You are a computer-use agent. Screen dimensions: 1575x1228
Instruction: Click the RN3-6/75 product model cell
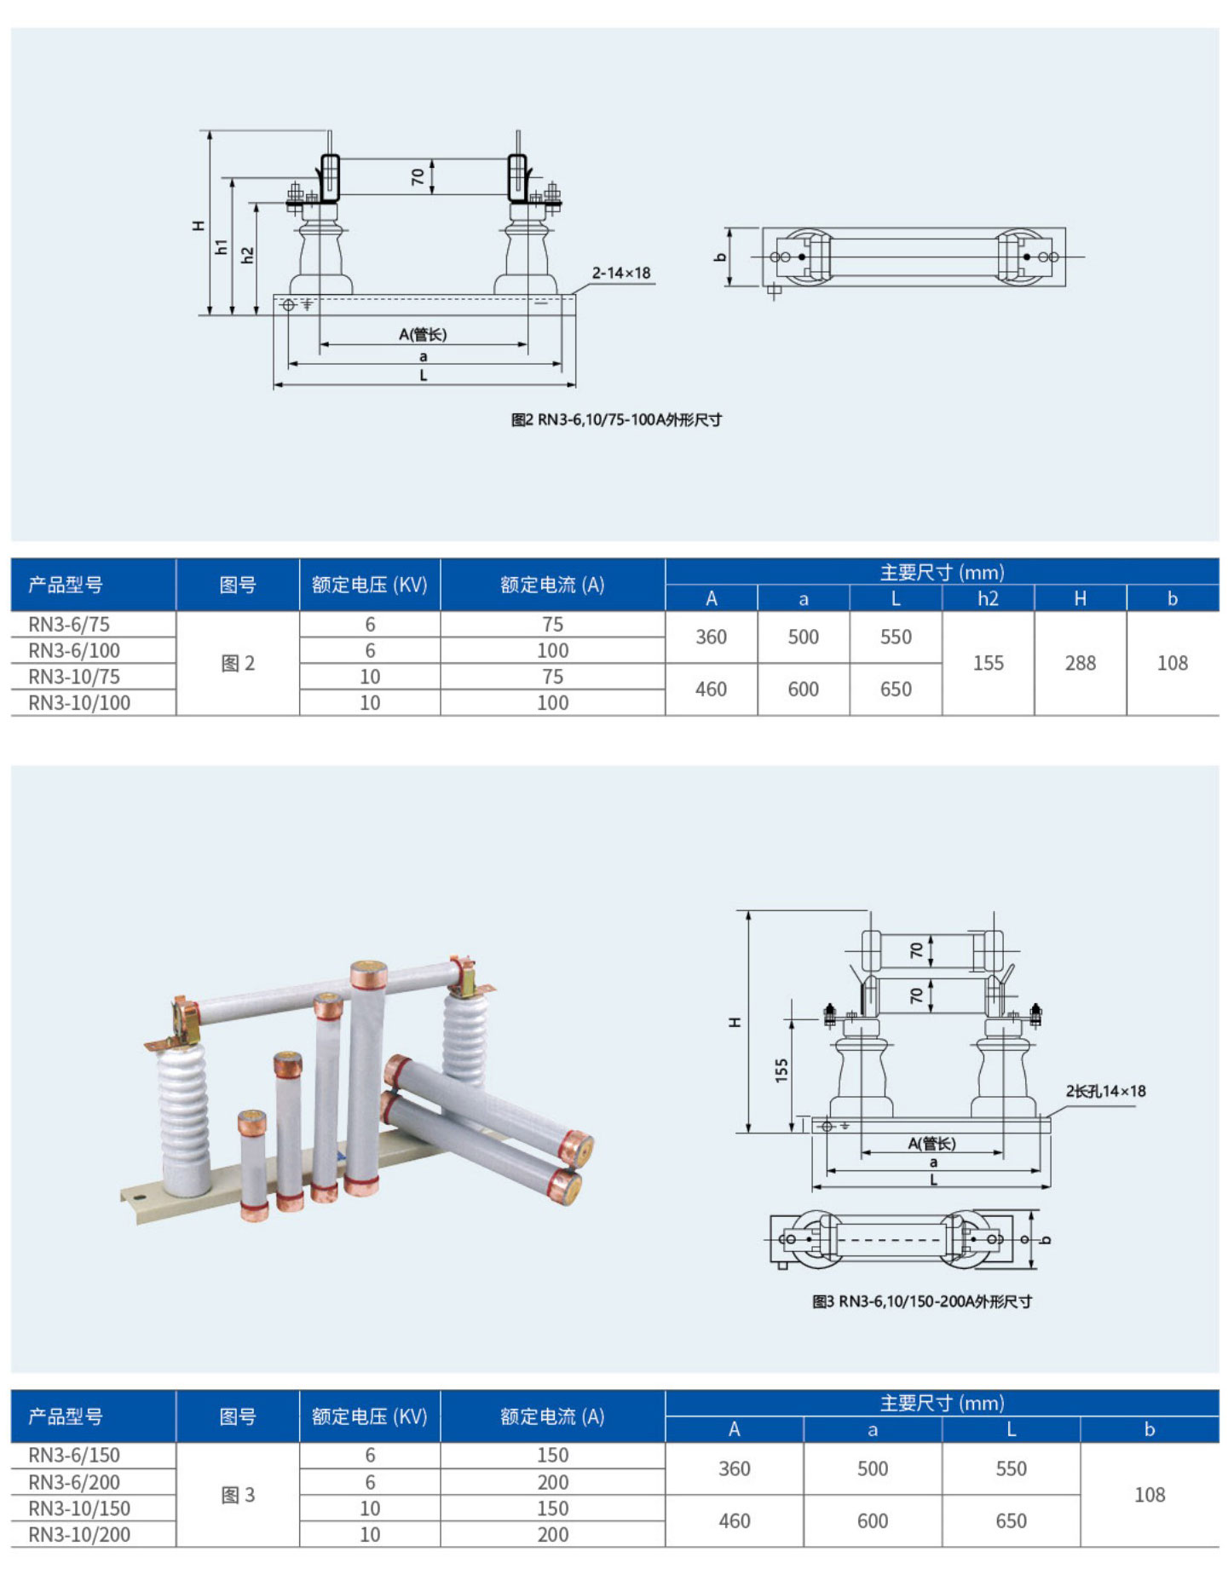[69, 624]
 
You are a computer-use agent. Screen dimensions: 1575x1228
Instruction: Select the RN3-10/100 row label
[79, 703]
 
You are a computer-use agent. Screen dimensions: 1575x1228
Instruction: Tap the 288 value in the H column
[1080, 663]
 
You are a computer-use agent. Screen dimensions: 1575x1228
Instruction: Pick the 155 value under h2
[988, 663]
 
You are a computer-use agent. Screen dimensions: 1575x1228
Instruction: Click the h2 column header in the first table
[988, 598]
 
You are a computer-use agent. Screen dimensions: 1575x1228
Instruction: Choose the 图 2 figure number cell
[238, 663]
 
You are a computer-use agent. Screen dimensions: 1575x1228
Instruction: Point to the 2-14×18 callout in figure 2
[621, 273]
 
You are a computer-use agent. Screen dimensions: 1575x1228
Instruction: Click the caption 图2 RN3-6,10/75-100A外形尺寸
[616, 419]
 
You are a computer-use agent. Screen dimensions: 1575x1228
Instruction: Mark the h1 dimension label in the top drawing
[222, 247]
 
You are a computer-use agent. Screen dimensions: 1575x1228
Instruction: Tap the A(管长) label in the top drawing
[423, 334]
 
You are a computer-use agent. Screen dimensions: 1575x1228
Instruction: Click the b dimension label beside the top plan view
[721, 256]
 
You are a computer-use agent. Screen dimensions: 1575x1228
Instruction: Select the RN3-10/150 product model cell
[79, 1508]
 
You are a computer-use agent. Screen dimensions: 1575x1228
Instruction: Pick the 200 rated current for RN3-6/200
[552, 1482]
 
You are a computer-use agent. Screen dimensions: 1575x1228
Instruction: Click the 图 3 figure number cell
[238, 1495]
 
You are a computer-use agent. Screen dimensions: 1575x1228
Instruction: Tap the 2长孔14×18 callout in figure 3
[1105, 1091]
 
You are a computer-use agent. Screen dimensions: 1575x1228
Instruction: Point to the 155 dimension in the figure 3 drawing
[781, 1070]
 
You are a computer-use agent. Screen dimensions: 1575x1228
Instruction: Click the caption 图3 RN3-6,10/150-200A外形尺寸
[922, 1301]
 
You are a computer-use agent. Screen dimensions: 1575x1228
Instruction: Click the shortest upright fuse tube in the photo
[253, 1163]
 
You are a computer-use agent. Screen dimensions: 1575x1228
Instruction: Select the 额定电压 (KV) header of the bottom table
[369, 1416]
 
